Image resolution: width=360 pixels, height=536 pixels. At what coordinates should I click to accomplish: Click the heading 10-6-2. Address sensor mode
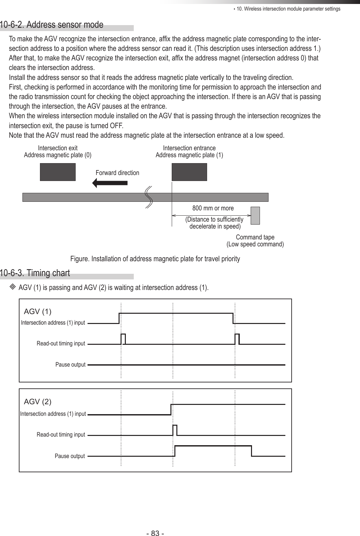pyautogui.click(x=52, y=25)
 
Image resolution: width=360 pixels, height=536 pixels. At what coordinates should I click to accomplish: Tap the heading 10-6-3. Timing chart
pyautogui.click(x=35, y=273)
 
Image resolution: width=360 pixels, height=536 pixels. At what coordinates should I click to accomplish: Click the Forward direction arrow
pyautogui.click(x=110, y=183)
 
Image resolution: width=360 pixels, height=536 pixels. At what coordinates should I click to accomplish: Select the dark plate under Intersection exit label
pyautogui.click(x=58, y=172)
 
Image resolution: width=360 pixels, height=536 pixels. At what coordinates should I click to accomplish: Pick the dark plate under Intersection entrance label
pyautogui.click(x=189, y=172)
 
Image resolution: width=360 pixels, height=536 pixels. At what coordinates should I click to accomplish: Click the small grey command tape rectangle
pyautogui.click(x=255, y=215)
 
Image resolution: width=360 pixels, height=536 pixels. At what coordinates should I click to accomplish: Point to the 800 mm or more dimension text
pyautogui.click(x=213, y=208)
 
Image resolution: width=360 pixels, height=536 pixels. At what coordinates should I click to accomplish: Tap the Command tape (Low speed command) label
pyautogui.click(x=255, y=241)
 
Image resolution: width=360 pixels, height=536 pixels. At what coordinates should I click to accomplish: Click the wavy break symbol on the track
pyautogui.click(x=149, y=197)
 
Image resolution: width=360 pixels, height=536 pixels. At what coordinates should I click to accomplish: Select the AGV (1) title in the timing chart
pyautogui.click(x=38, y=311)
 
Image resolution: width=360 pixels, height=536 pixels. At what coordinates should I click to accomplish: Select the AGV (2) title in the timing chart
pyautogui.click(x=38, y=402)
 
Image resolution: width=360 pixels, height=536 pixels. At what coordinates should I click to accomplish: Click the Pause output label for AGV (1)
pyautogui.click(x=70, y=365)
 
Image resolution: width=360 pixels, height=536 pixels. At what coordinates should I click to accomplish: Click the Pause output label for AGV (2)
pyautogui.click(x=70, y=456)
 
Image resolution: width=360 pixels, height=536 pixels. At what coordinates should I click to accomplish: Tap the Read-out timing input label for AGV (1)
pyautogui.click(x=61, y=344)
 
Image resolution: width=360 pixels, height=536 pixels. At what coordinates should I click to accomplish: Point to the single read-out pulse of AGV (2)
pyautogui.click(x=175, y=430)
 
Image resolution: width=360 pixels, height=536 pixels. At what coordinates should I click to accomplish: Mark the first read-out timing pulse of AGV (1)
pyautogui.click(x=123, y=339)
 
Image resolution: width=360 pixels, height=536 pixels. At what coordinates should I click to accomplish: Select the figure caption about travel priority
pyautogui.click(x=155, y=259)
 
